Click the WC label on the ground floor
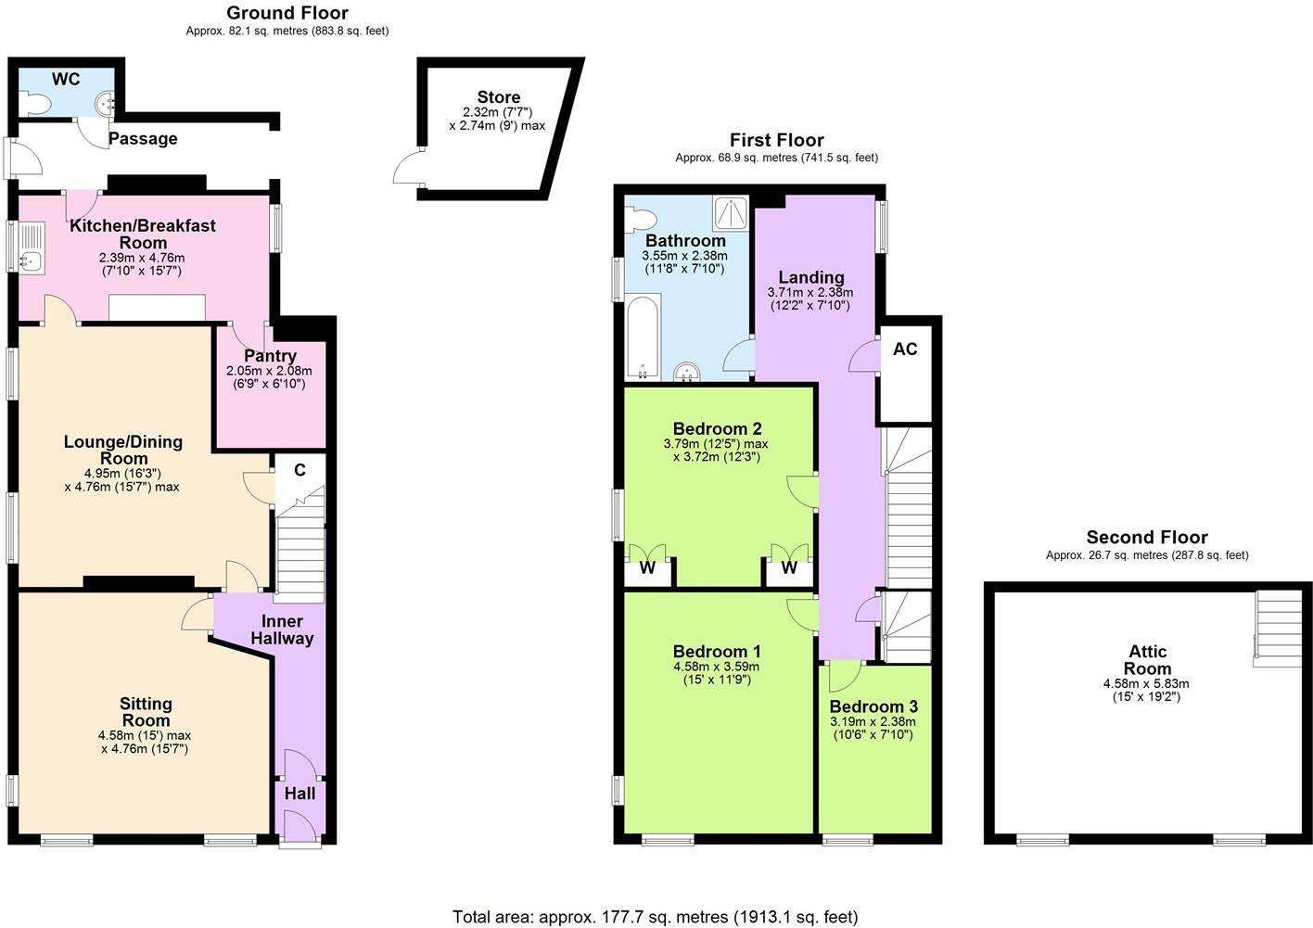(66, 80)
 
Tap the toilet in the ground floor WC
(35, 104)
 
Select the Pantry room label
(270, 356)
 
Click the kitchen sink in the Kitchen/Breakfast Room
(31, 249)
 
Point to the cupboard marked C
(300, 470)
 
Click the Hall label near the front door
(300, 794)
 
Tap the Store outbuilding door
(406, 168)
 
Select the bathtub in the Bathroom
(642, 337)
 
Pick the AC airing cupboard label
(905, 350)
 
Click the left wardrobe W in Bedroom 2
(647, 567)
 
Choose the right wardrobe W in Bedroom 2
(788, 567)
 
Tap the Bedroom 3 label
(873, 706)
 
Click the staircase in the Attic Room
(1277, 629)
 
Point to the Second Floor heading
(1147, 538)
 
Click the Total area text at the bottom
(655, 917)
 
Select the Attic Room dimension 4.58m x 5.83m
(1146, 684)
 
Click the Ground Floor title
(287, 13)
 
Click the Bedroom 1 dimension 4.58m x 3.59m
(716, 667)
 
